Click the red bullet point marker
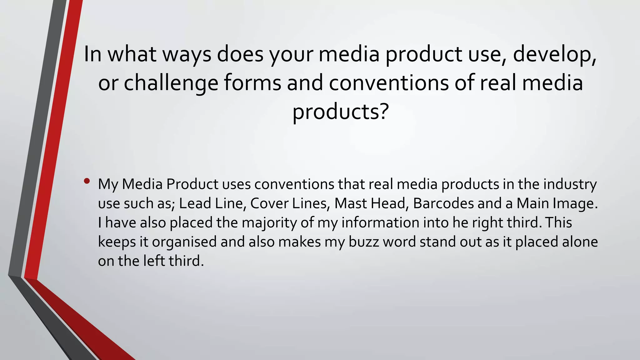[87, 181]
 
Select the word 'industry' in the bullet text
[570, 184]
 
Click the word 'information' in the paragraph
[380, 223]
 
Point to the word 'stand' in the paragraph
[438, 242]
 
